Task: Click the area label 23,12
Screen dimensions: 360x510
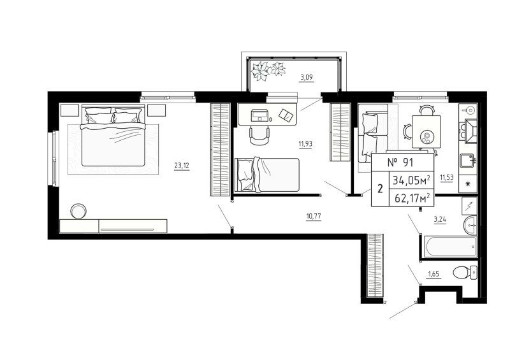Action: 182,166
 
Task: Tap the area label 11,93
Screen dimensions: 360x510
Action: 305,143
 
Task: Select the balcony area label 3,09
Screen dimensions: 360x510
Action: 307,78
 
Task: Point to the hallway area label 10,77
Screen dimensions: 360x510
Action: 313,216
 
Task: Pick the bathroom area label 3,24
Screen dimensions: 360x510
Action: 440,220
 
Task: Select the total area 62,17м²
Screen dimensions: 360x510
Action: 411,198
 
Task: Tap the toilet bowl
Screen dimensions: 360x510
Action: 464,273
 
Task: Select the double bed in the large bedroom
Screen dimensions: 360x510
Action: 113,140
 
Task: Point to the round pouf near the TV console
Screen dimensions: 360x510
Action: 80,210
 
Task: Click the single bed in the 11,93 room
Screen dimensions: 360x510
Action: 267,175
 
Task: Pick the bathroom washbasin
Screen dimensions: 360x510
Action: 470,224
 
